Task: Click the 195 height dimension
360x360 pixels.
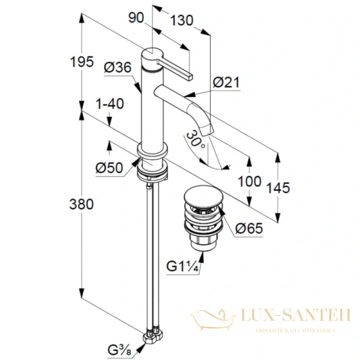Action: [x=82, y=62]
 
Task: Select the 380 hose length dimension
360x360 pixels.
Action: [x=82, y=204]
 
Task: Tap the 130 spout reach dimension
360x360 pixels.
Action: [x=182, y=20]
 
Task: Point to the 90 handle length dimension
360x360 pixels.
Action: [x=136, y=17]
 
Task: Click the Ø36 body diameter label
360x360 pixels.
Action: [x=118, y=67]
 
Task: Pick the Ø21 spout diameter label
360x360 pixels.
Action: [x=226, y=82]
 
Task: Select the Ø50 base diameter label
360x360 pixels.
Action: [x=109, y=167]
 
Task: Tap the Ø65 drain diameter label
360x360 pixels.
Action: [x=249, y=228]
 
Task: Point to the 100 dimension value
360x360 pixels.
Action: [x=250, y=181]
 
